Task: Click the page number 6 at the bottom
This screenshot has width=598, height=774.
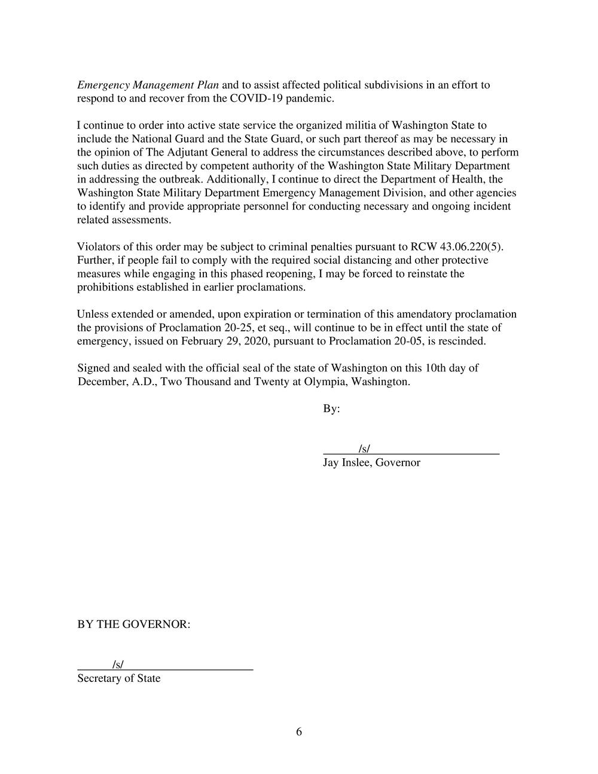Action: click(298, 732)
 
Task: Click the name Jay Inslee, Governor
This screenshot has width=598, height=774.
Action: click(371, 462)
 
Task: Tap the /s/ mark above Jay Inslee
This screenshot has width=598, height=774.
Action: click(364, 449)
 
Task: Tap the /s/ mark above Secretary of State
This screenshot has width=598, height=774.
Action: click(118, 665)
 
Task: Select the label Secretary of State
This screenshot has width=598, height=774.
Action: click(118, 678)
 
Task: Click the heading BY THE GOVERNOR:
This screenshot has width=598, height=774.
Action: click(133, 624)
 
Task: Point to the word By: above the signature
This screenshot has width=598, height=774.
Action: click(331, 409)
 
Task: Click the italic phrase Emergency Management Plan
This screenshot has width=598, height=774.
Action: click(148, 85)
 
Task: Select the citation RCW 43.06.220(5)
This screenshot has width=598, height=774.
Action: click(453, 247)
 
